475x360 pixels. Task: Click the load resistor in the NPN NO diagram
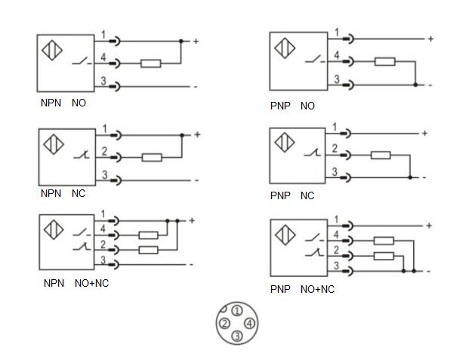pyautogui.click(x=150, y=63)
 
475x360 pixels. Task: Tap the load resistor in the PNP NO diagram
pyautogui.click(x=385, y=61)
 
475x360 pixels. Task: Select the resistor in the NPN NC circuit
pyautogui.click(x=153, y=157)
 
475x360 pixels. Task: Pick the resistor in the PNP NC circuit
pyautogui.click(x=380, y=155)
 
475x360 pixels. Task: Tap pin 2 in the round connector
pyautogui.click(x=224, y=324)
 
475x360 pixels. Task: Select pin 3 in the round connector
pyautogui.click(x=236, y=336)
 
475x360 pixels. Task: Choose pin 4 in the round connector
pyautogui.click(x=249, y=324)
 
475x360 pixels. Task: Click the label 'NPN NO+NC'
pyautogui.click(x=76, y=283)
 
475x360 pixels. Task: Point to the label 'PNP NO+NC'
pyautogui.click(x=302, y=289)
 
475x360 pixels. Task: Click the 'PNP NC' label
pyautogui.click(x=291, y=195)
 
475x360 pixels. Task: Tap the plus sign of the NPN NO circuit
pyautogui.click(x=196, y=41)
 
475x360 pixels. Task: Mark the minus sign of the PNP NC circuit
pyautogui.click(x=425, y=178)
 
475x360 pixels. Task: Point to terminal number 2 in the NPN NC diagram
pyautogui.click(x=103, y=152)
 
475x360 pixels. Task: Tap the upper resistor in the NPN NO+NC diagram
pyautogui.click(x=149, y=235)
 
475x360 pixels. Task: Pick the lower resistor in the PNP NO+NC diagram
pyautogui.click(x=383, y=256)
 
